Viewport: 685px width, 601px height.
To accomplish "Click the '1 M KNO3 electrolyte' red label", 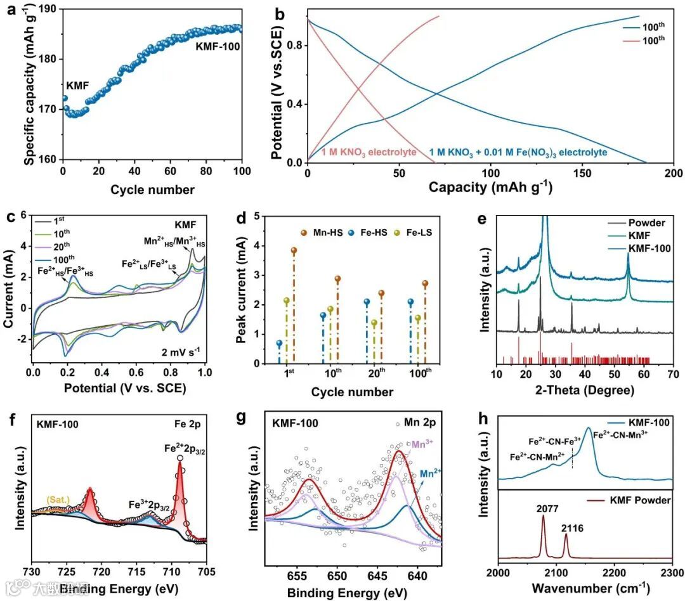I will (369, 152).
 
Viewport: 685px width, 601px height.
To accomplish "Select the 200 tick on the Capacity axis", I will (674, 174).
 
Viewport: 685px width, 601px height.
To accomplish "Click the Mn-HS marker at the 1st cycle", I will (294, 250).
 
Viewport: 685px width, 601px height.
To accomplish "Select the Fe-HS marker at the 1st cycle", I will (279, 343).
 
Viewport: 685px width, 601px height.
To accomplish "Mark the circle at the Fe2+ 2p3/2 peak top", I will (180, 458).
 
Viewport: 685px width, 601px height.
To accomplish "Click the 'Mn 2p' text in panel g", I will (419, 422).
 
